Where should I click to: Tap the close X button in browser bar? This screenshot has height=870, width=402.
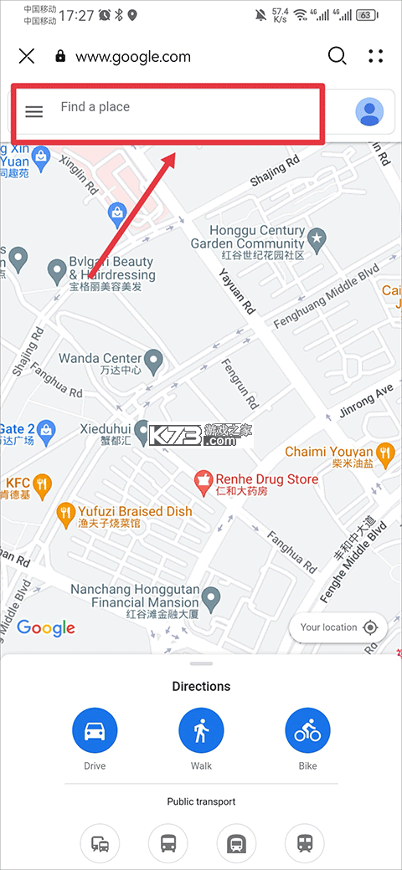click(27, 56)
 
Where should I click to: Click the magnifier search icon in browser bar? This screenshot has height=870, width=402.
click(337, 56)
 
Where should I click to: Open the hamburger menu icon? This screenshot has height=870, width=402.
click(33, 111)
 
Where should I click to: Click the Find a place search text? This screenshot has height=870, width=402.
click(95, 107)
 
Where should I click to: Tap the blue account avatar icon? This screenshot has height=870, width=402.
click(369, 111)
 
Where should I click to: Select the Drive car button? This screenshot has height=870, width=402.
click(95, 730)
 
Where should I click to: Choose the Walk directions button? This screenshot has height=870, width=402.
click(201, 730)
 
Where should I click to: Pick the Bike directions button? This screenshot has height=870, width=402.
click(307, 730)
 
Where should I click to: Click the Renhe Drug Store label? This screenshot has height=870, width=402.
click(267, 479)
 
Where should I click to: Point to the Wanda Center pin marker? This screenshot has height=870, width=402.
click(153, 361)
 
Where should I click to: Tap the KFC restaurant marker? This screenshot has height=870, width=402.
click(41, 484)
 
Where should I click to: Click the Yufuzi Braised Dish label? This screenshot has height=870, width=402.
click(135, 511)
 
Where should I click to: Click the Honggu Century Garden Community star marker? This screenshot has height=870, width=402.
click(317, 240)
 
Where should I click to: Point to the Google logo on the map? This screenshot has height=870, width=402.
click(46, 627)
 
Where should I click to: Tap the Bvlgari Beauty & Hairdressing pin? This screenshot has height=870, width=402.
click(57, 270)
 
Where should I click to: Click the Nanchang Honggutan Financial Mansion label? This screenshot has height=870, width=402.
click(134, 596)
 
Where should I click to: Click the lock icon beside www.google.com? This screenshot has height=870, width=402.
click(59, 56)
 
